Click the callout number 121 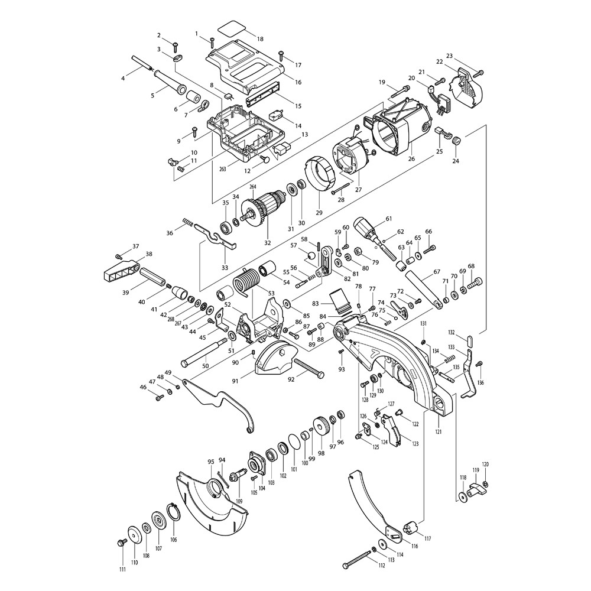[439, 432]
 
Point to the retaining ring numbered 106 [173, 511]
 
